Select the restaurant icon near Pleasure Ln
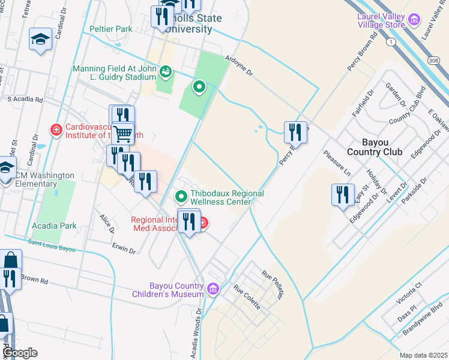pos(343,195)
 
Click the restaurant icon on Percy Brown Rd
pos(295,131)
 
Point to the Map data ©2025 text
pos(423,355)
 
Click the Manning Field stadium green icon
pos(166,72)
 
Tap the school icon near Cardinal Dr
pos(40,40)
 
